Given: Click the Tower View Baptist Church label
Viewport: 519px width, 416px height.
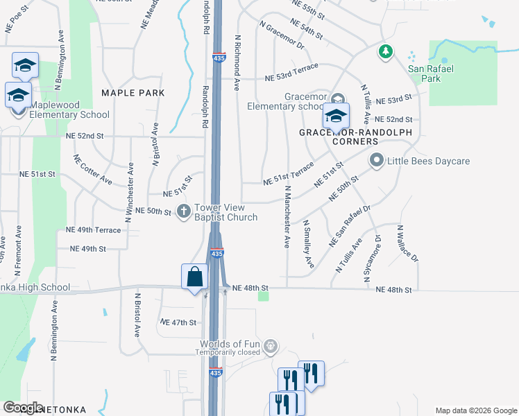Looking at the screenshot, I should coord(226,212).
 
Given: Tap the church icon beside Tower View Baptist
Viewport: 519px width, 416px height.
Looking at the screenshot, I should coord(184,211).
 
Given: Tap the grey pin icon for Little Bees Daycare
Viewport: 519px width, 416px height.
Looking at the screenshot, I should coord(377,161).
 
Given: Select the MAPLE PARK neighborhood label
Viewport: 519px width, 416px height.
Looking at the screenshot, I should coord(133,92).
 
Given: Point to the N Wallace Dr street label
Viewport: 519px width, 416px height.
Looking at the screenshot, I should coord(408,243).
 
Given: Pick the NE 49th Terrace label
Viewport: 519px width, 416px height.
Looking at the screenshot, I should coord(93,229).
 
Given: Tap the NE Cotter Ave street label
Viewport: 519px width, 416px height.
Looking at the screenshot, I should coord(92,169).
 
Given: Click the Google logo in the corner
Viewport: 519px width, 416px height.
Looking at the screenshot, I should coord(23,408).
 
